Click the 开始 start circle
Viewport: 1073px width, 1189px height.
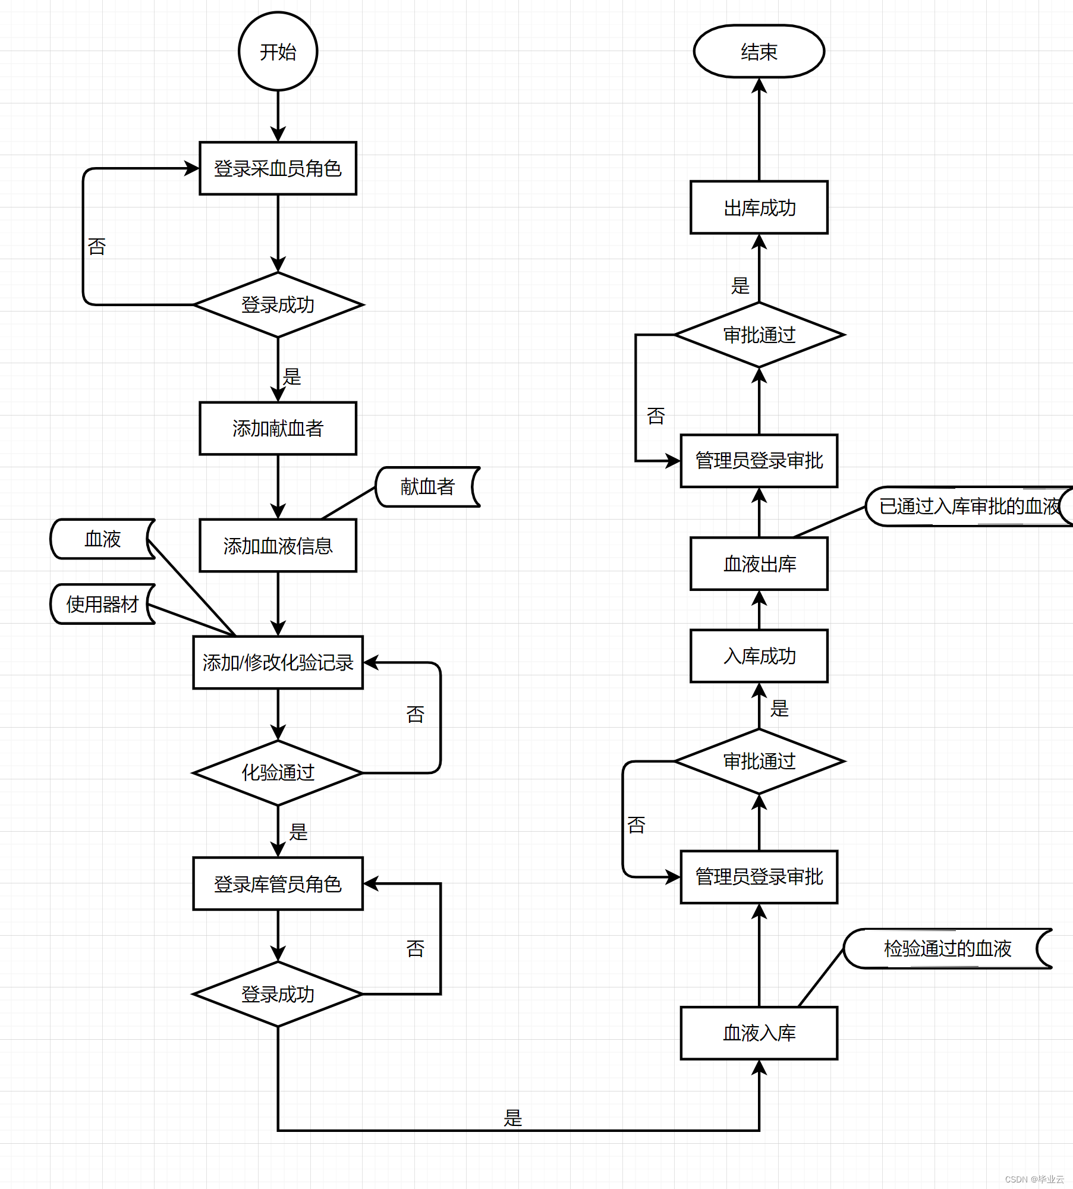(278, 52)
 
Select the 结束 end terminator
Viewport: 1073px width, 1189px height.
(759, 52)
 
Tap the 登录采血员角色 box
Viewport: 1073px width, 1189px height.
(278, 168)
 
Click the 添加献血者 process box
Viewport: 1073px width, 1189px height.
(278, 428)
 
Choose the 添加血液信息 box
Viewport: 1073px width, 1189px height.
(278, 546)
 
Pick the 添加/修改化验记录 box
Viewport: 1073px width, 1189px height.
(278, 662)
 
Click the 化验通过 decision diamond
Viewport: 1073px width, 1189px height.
(278, 772)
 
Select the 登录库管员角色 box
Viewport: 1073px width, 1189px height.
(278, 884)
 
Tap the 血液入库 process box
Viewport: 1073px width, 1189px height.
(759, 1033)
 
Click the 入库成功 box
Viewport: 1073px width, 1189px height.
(759, 656)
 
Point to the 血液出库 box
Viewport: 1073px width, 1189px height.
(759, 564)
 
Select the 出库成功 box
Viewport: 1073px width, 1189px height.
(759, 207)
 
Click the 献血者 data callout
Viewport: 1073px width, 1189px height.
(427, 487)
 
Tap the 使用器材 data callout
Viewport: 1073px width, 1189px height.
(102, 604)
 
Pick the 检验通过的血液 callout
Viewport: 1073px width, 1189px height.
(947, 948)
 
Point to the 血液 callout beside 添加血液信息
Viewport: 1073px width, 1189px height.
(102, 539)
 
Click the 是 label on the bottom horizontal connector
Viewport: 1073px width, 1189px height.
(512, 1118)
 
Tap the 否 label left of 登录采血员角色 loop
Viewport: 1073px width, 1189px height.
(97, 246)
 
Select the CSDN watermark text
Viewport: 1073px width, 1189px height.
(1034, 1179)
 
